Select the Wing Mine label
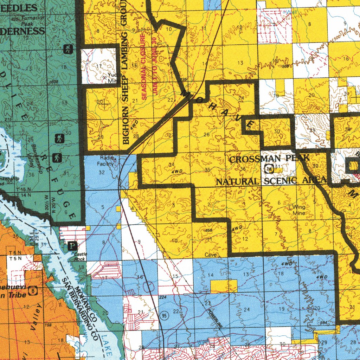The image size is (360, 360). pyautogui.click(x=298, y=210)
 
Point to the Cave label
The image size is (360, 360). pyautogui.click(x=211, y=255)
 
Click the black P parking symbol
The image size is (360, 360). pyautogui.click(x=72, y=245)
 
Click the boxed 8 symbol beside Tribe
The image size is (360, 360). pyautogui.click(x=33, y=290)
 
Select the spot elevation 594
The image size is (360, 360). pyautogui.click(x=322, y=323)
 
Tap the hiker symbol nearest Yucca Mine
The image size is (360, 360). pyautogui.click(x=68, y=50)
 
